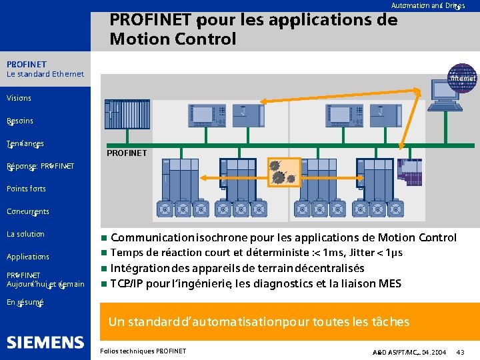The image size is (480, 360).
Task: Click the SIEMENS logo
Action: (x=45, y=343)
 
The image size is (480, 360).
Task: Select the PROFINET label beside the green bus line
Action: (x=127, y=153)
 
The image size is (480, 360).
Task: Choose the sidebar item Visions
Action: (x=19, y=98)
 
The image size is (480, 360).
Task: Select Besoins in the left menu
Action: (x=20, y=121)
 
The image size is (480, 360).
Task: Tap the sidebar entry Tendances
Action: (x=25, y=143)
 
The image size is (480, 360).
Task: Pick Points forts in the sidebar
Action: (x=26, y=189)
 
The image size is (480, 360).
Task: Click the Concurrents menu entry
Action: (x=27, y=211)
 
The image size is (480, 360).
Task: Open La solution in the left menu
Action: (x=25, y=234)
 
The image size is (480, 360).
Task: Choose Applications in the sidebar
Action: (x=27, y=257)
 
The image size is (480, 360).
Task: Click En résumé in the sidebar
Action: (x=25, y=302)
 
